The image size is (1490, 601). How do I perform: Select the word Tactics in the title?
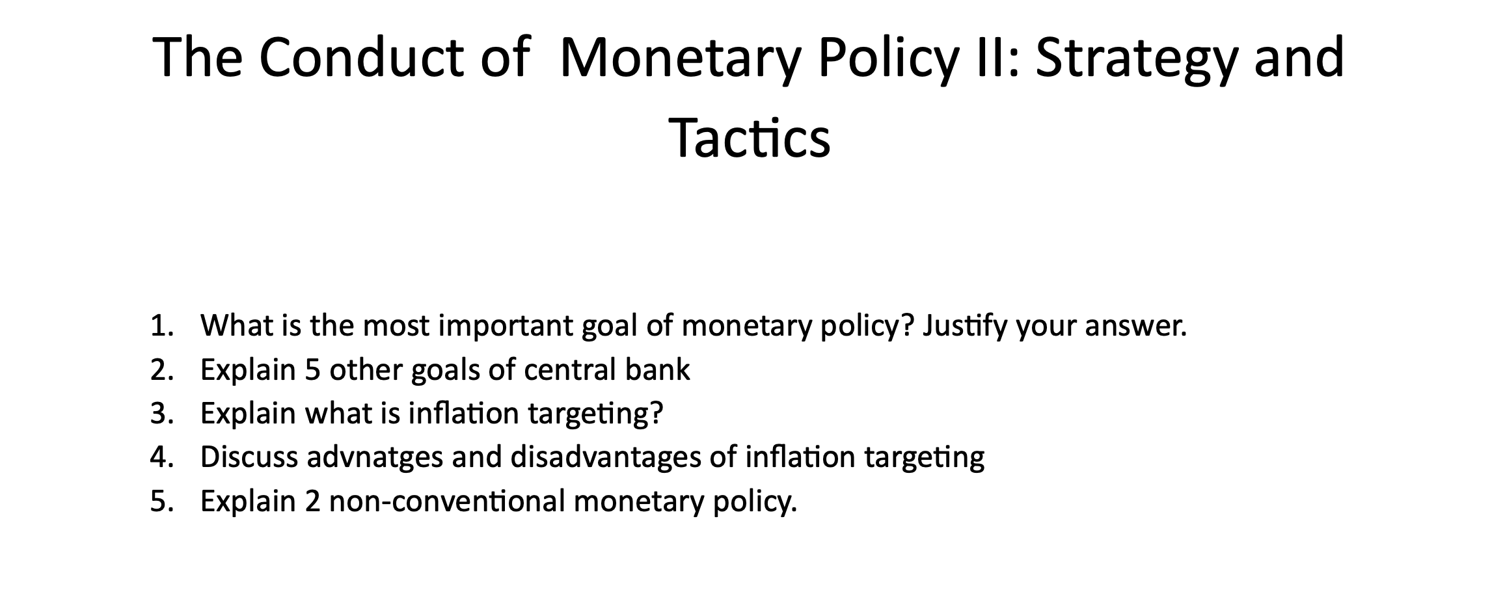pyautogui.click(x=750, y=139)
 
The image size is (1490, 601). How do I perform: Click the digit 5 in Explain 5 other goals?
pyautogui.click(x=312, y=369)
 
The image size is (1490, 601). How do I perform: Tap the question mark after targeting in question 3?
pyautogui.click(x=656, y=413)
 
